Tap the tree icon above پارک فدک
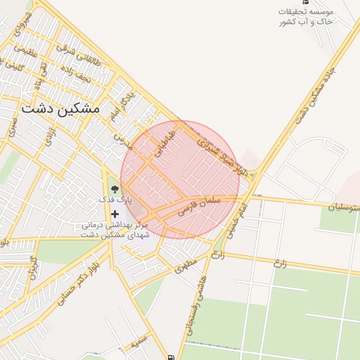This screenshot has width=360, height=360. (115, 188)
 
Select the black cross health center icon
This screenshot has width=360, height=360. (115, 213)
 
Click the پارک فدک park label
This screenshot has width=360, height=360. (116, 200)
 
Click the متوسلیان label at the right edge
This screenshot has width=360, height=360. (344, 207)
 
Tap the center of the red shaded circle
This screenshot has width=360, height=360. (180, 180)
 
